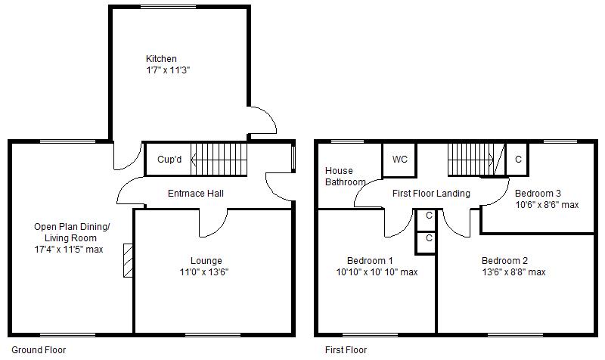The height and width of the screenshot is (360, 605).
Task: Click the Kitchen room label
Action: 161,59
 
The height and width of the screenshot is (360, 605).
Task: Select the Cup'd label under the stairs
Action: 169,160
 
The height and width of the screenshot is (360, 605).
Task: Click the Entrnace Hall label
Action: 196,194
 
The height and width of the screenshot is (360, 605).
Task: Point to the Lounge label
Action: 206,261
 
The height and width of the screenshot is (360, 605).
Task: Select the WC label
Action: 400,160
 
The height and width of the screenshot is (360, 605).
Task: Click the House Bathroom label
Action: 345,176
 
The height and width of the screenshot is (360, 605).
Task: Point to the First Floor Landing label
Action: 431,194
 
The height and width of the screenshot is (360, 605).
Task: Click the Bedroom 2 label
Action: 504,261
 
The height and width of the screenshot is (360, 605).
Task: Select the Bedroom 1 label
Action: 370,261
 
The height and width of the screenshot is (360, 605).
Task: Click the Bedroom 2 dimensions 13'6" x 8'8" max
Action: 513,272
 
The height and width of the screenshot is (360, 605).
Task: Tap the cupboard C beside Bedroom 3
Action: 518,160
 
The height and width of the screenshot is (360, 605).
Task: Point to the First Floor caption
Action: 346,350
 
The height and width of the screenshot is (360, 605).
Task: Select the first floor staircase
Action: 475,159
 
